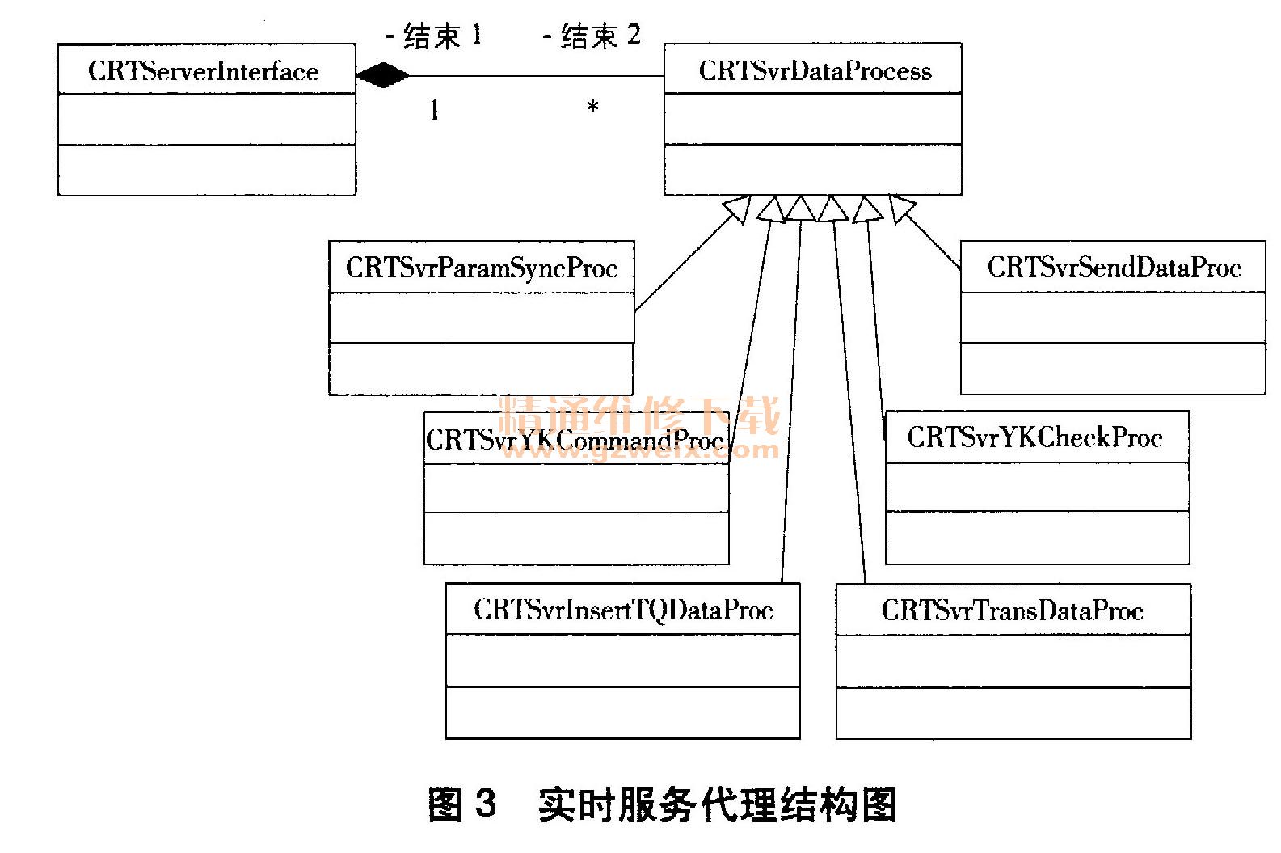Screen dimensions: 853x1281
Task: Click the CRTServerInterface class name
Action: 204,71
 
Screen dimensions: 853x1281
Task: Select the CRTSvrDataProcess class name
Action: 815,70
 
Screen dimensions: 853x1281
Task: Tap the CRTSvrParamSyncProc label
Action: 482,268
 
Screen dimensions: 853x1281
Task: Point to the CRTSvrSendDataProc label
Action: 1114,267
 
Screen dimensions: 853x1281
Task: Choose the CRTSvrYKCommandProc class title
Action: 575,440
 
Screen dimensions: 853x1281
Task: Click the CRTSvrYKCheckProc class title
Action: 1034,437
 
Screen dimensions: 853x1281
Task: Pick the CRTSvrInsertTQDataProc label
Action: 623,610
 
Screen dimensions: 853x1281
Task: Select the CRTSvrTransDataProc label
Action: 1012,610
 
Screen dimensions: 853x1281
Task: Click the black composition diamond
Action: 381,76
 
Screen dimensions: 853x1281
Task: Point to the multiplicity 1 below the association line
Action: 435,110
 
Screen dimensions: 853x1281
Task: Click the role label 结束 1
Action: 434,36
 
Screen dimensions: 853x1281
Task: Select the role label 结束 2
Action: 592,36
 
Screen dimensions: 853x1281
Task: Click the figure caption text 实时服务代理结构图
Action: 718,804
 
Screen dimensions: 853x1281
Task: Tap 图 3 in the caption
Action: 461,804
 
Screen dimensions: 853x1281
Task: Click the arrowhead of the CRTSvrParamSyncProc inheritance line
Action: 739,210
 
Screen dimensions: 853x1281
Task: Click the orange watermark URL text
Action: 638,450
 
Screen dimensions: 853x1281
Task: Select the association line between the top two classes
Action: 533,76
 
